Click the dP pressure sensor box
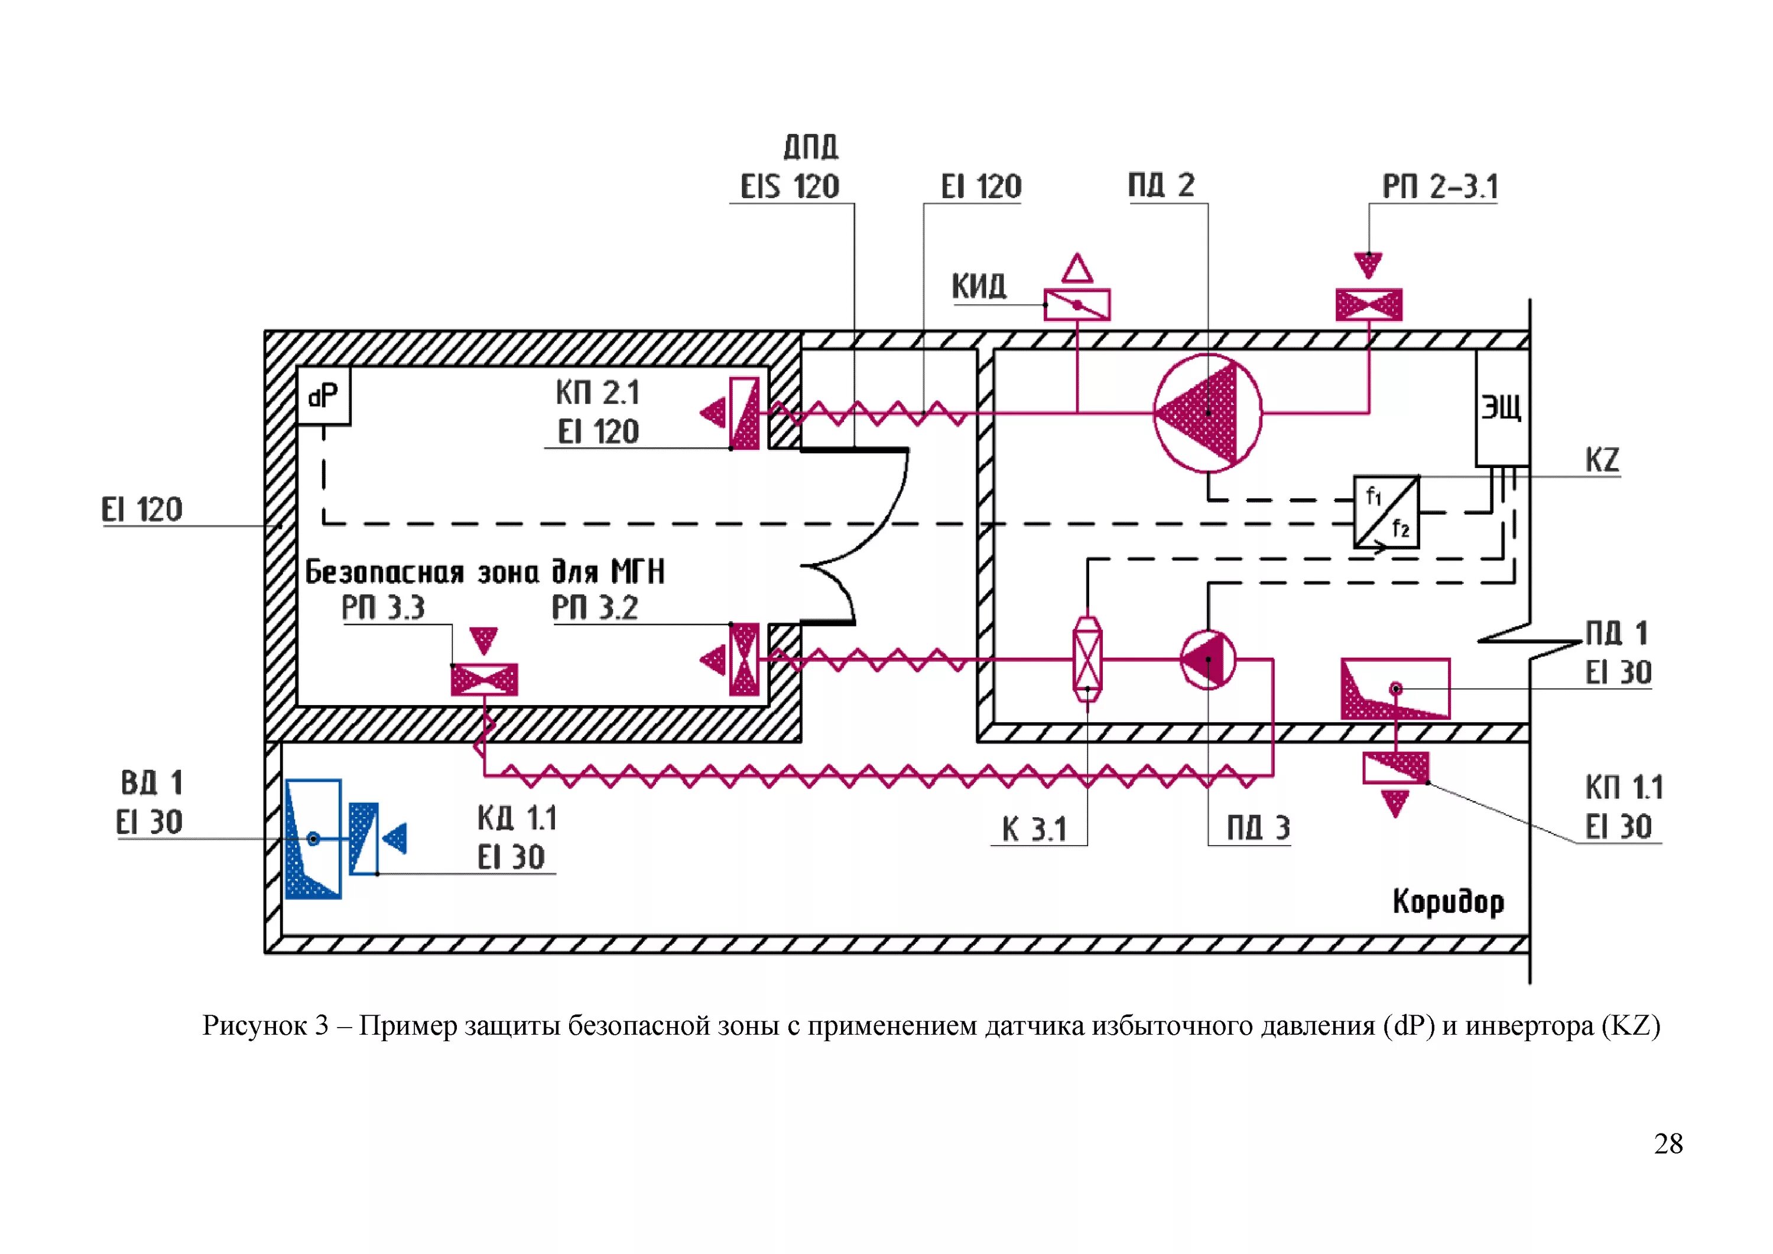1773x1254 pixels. point(323,396)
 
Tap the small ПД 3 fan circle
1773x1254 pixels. point(1208,660)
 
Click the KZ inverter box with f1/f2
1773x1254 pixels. point(1386,512)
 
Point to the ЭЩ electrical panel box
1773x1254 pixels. point(1501,408)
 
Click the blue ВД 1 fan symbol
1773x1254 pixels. point(313,839)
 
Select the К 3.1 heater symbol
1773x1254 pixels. point(1087,660)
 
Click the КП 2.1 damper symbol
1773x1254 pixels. point(745,413)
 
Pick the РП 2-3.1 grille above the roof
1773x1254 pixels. point(1368,305)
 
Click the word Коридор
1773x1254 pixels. point(1448,902)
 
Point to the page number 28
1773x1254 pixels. point(1668,1143)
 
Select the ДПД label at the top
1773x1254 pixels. point(810,147)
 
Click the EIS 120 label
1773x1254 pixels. point(789,187)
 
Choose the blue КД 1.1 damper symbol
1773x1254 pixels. point(363,839)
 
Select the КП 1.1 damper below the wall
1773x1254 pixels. point(1395,768)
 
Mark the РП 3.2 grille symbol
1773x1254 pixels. point(745,660)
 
